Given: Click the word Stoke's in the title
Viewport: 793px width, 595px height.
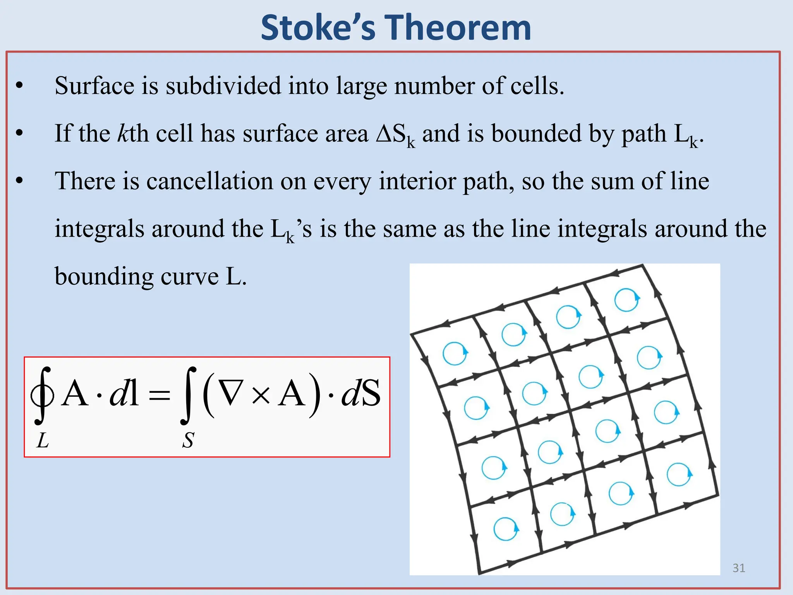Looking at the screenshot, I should (318, 28).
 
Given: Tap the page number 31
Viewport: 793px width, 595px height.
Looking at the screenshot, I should (739, 568).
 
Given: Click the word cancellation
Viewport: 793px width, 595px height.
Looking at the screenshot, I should (209, 181).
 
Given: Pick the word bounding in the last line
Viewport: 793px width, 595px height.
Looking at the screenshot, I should (103, 277).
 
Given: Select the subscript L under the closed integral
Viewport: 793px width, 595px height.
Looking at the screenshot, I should (43, 440).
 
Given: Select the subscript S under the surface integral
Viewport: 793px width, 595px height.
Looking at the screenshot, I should (188, 440).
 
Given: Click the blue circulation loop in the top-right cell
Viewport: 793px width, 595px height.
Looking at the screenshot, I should (627, 300).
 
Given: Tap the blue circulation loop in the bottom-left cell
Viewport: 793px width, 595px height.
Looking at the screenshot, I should (505, 529).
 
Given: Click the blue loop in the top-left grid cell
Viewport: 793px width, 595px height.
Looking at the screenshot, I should (455, 353).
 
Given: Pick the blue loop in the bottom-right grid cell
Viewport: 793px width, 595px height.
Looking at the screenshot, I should (679, 474).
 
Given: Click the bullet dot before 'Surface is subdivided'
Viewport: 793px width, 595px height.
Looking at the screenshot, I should (19, 86).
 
